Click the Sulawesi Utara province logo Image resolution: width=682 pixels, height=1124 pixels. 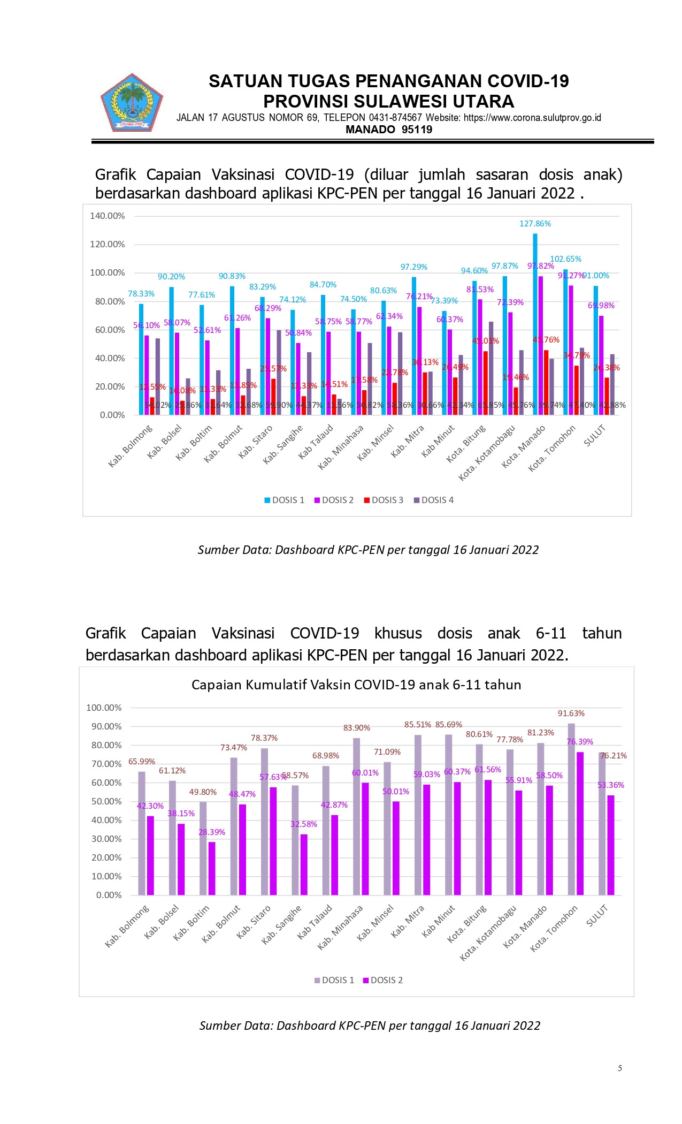(x=132, y=103)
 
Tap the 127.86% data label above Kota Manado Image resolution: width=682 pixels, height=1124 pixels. (x=535, y=224)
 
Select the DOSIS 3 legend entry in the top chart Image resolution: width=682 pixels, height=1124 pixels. (x=384, y=500)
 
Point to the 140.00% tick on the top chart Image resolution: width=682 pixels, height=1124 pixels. (x=108, y=216)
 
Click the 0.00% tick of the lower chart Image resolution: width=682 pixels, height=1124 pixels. (x=109, y=895)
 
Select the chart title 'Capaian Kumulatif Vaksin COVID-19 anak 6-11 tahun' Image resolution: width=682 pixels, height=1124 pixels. (x=356, y=685)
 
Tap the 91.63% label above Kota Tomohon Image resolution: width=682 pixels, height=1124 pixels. (x=571, y=713)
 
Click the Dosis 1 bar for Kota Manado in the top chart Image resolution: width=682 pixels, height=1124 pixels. (x=535, y=324)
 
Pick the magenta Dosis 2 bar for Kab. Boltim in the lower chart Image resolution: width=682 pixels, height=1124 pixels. (x=212, y=868)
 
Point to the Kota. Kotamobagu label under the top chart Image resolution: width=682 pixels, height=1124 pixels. (x=487, y=452)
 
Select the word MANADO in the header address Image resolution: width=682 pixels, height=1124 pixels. (x=370, y=130)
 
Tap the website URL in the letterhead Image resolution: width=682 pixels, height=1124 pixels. (x=532, y=118)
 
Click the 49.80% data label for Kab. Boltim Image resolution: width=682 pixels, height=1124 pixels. (x=203, y=792)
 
